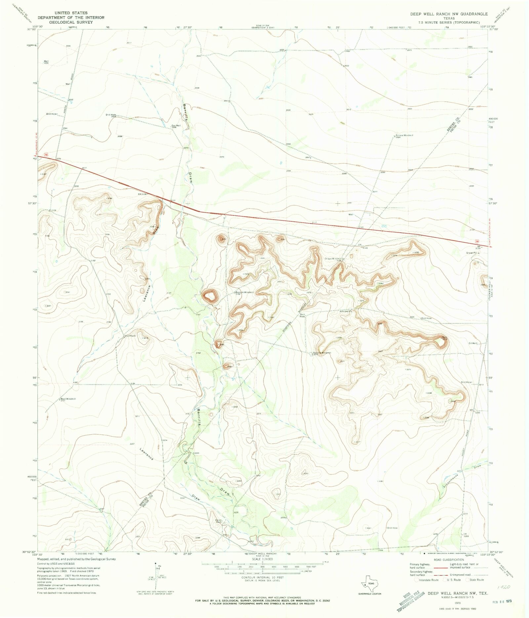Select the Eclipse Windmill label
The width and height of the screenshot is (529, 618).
click(x=404, y=135)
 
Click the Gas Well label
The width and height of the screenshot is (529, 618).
click(x=176, y=125)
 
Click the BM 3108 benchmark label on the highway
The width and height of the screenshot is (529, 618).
click(x=142, y=194)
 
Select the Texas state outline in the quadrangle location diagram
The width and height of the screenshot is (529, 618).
click(x=370, y=581)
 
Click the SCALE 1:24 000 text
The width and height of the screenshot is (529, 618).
click(x=262, y=559)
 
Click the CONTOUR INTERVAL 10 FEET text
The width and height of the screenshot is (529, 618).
click(x=262, y=577)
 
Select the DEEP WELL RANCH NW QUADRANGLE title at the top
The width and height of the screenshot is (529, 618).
click(x=449, y=14)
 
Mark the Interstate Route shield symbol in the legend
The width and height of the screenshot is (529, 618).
click(x=417, y=580)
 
